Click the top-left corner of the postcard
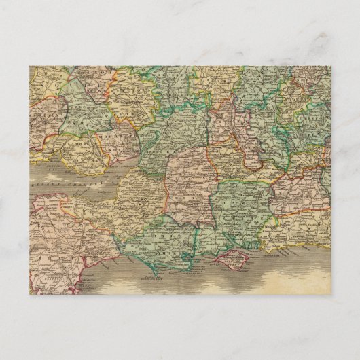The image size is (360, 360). [x=30, y=66]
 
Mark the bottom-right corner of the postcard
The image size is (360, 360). [x=331, y=294]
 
